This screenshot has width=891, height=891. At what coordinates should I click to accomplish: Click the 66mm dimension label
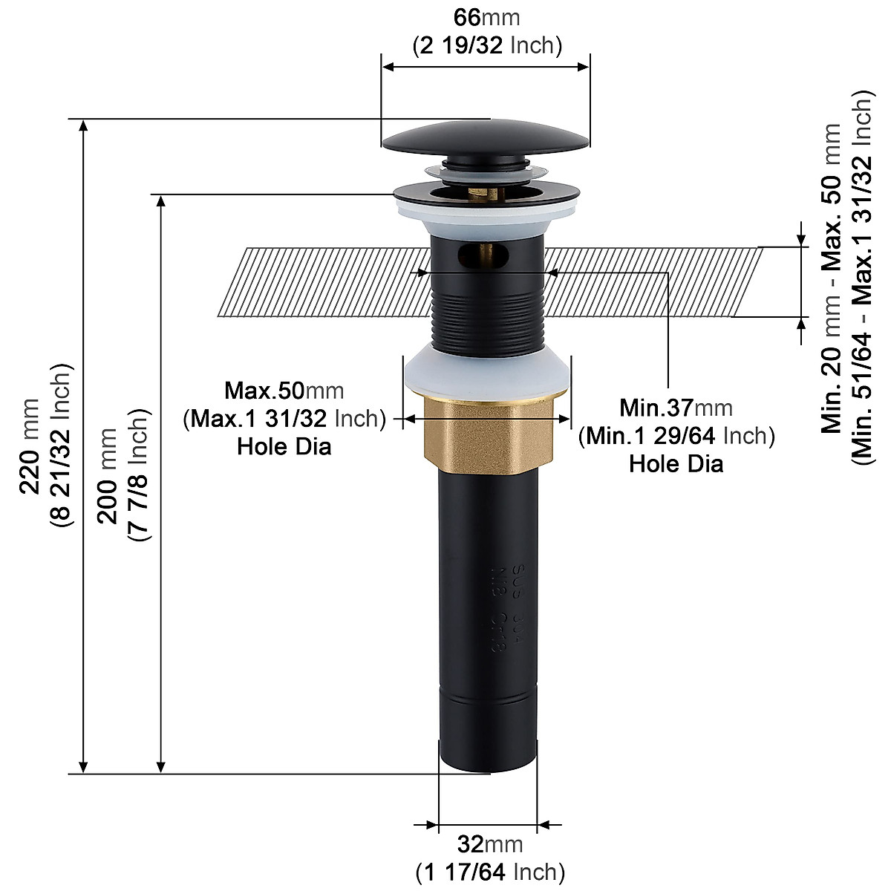pyautogui.click(x=487, y=17)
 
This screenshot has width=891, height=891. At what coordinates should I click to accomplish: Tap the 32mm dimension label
pyautogui.click(x=490, y=844)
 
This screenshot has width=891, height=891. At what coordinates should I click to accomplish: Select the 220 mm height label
pyautogui.click(x=30, y=446)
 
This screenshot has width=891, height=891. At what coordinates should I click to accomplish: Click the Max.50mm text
pyautogui.click(x=284, y=391)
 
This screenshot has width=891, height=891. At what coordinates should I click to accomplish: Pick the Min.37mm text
pyautogui.click(x=676, y=408)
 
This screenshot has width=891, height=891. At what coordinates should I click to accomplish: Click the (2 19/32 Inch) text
pyautogui.click(x=487, y=45)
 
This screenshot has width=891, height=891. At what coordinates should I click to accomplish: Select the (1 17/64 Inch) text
pyautogui.click(x=490, y=872)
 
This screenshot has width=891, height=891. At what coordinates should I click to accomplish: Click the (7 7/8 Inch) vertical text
pyautogui.click(x=139, y=475)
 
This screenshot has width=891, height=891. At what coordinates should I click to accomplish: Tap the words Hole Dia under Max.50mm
pyautogui.click(x=284, y=447)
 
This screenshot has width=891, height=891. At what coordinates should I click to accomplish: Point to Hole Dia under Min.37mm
pyautogui.click(x=676, y=464)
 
